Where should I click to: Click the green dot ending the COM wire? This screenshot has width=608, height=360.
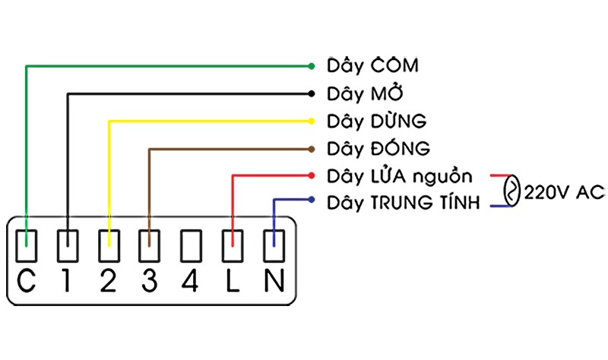click(x=312, y=65)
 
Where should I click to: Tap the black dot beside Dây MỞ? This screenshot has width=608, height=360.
click(x=312, y=93)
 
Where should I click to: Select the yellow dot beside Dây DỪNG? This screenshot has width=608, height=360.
click(x=312, y=121)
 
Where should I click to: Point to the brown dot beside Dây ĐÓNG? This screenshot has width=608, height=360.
click(x=312, y=148)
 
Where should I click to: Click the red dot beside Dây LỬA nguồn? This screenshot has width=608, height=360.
click(x=312, y=175)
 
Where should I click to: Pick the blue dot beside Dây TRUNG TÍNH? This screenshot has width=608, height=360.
click(x=312, y=201)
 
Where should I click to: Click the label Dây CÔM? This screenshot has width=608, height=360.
click(x=372, y=66)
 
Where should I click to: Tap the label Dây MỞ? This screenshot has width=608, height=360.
click(x=365, y=93)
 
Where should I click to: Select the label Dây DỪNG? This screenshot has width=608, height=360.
click(x=376, y=121)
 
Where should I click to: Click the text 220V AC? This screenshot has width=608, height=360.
click(x=563, y=193)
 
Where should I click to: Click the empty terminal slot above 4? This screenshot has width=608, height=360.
click(x=191, y=245)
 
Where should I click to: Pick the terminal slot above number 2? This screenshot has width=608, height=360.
click(x=109, y=245)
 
